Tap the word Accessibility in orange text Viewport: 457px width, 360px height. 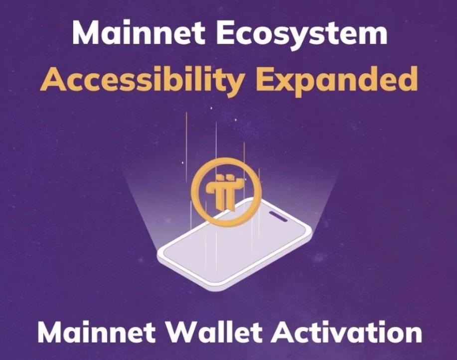(142, 79)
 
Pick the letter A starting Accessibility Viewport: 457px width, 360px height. (51, 79)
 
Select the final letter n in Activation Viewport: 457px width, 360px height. (413, 335)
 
